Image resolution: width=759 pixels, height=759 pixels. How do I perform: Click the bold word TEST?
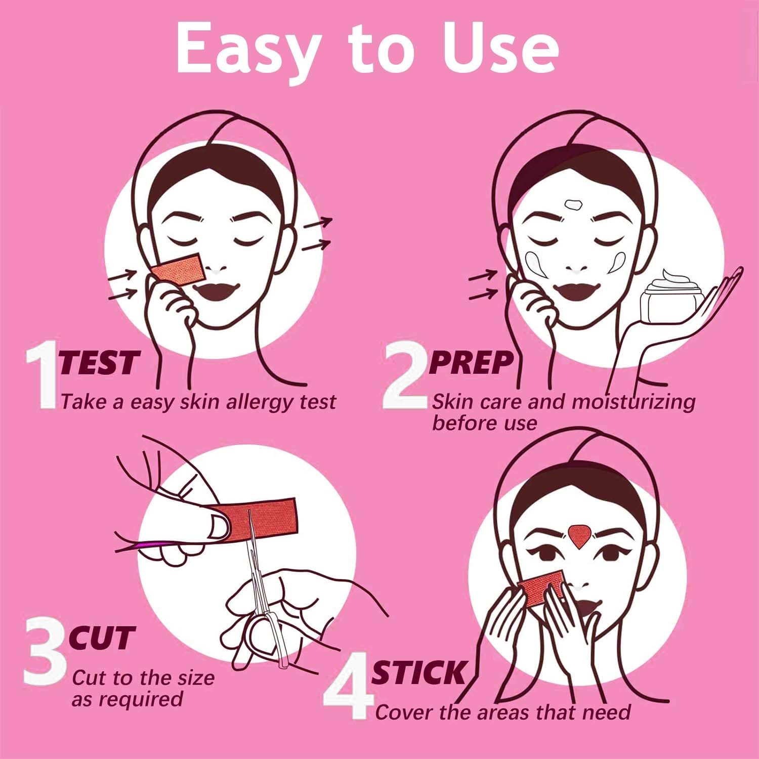pyautogui.click(x=99, y=362)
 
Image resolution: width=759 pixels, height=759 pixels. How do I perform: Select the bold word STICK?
pyautogui.click(x=418, y=672)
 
